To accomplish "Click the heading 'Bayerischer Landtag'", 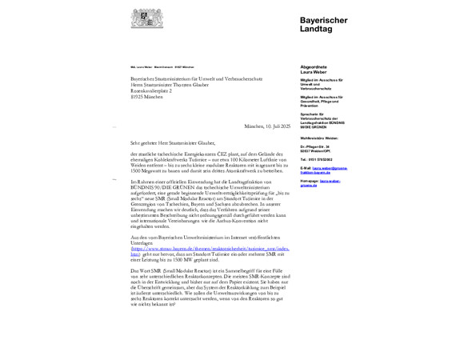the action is tap(323, 23).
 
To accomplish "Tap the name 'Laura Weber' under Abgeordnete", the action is tap(313, 72).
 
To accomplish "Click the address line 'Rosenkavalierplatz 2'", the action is tap(151, 90).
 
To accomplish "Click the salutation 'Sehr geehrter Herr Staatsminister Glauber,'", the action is tap(172, 142).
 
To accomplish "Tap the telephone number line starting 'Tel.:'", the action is tap(317, 159).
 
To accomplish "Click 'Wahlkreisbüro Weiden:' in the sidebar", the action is tap(319, 138).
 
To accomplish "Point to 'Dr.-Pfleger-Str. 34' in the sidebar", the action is tap(315, 147).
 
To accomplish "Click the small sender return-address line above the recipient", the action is tap(162, 67).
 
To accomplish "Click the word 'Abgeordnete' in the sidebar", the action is tap(313, 66).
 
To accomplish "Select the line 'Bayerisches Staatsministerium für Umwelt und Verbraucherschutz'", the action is tap(197, 79).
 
